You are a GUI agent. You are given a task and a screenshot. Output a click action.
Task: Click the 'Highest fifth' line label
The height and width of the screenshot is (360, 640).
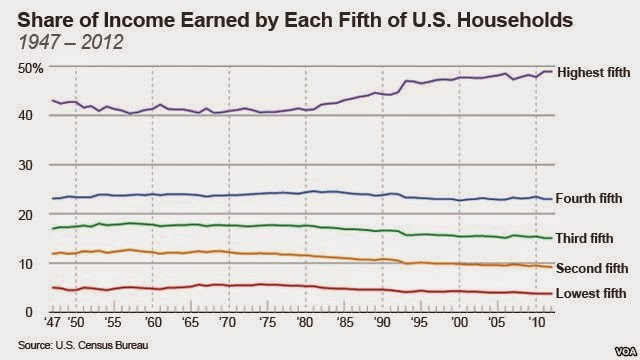click(593, 73)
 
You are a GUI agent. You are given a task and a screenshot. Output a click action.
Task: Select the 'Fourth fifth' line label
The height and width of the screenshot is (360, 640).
click(589, 198)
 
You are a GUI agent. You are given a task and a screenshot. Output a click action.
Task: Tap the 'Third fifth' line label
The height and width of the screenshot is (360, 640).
click(584, 238)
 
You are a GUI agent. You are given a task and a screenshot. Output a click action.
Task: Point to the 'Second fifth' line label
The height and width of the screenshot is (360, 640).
click(592, 268)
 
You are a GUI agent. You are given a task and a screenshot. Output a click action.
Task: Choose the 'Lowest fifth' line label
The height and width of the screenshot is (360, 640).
click(591, 293)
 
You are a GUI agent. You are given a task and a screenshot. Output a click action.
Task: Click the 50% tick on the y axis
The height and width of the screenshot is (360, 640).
click(30, 68)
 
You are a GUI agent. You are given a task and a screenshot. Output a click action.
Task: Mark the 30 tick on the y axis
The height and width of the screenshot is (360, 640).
click(25, 165)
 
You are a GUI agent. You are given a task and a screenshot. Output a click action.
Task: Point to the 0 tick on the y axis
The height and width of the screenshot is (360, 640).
click(28, 312)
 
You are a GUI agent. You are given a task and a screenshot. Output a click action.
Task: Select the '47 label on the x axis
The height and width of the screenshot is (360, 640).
click(52, 322)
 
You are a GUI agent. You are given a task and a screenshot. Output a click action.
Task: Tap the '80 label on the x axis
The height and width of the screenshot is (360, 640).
click(305, 322)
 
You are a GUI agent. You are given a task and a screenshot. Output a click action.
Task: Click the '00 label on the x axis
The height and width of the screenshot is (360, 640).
click(459, 322)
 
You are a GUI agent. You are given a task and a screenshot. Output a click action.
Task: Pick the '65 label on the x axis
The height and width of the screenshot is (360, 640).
click(190, 322)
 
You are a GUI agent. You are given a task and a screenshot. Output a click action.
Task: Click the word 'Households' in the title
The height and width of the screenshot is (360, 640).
click(515, 20)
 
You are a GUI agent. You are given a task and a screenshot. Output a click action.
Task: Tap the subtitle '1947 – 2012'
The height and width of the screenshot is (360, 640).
click(71, 42)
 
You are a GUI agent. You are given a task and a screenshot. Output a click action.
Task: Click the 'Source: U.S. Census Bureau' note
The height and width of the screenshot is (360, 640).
click(83, 345)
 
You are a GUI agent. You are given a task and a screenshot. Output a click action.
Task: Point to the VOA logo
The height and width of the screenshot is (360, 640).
click(626, 351)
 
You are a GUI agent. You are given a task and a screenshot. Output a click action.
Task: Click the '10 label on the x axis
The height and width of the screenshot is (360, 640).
click(536, 322)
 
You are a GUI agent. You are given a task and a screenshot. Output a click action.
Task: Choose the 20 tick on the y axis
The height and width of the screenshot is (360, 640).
click(25, 214)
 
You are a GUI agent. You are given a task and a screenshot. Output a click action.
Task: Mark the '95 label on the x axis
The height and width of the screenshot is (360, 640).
click(420, 322)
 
